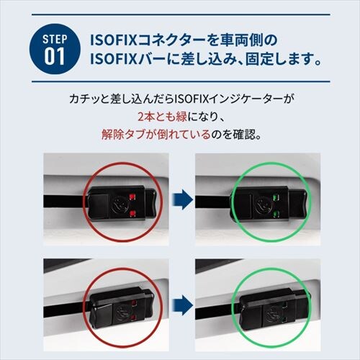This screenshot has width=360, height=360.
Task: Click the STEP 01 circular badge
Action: pos(55,48)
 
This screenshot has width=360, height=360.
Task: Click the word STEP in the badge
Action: pos(55,39)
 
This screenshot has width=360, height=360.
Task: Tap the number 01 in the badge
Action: pos(55,57)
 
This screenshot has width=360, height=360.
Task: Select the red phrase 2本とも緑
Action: pos(162,117)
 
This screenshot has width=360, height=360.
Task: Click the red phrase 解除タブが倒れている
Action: pos(156,134)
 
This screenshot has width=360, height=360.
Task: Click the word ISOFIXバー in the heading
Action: pos(127,59)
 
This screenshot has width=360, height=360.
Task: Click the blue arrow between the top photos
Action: pos(183,199)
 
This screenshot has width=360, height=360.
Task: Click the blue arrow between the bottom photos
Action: pos(183,305)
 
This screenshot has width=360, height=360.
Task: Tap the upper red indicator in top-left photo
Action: pos(132,197)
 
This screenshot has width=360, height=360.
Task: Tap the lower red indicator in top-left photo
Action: pos(132,213)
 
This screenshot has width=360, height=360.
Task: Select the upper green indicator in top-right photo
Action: pos(276,198)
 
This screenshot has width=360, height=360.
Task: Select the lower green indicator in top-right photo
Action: pos(276,213)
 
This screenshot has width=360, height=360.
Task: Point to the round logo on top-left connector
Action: pos(120,204)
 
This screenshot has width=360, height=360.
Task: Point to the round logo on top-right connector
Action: pos(264,205)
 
